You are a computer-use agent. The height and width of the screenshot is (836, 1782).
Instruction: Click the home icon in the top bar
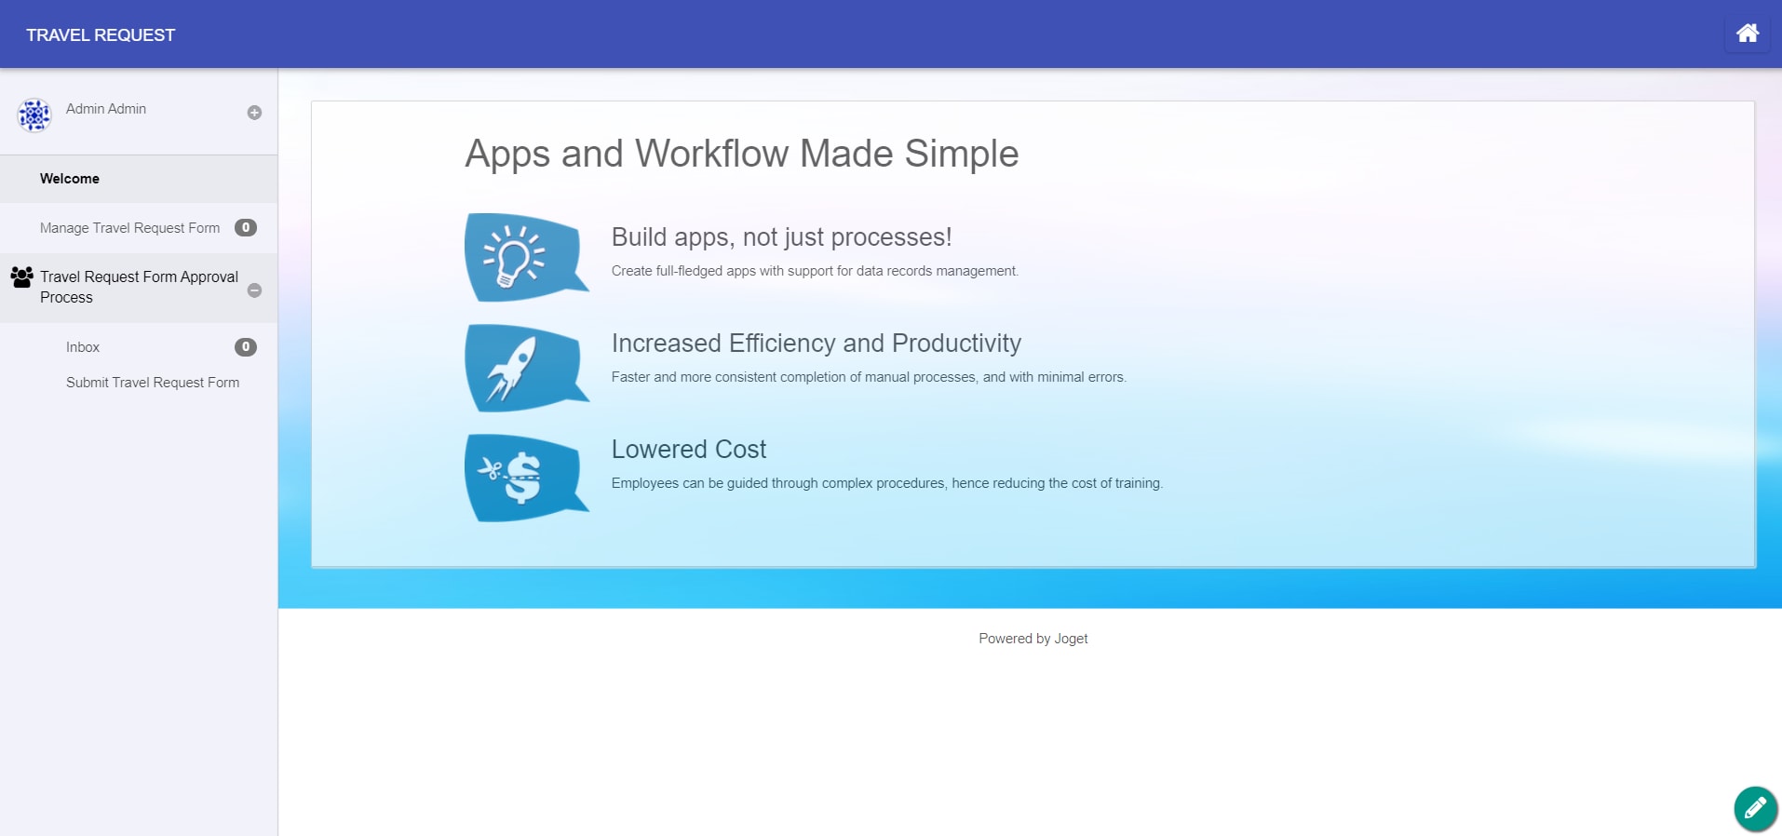1748,34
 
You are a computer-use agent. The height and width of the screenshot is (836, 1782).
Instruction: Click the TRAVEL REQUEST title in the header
101,35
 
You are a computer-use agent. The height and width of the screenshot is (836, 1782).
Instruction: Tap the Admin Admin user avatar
34,115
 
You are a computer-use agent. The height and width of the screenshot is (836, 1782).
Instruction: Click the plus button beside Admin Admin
254,113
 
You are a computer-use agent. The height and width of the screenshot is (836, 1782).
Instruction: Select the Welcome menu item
70,179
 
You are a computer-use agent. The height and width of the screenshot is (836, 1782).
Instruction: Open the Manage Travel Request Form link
130,228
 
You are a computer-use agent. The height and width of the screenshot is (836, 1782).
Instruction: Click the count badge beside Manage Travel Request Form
246,228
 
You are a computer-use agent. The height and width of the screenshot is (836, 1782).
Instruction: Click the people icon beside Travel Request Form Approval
21,276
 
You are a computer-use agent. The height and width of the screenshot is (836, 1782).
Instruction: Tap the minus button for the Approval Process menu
254,290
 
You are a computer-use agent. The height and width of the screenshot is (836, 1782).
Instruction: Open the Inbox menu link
83,347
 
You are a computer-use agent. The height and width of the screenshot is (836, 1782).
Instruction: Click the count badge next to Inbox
246,347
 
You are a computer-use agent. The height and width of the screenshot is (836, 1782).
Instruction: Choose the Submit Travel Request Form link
153,383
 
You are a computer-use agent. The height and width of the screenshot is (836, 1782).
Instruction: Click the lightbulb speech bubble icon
526,257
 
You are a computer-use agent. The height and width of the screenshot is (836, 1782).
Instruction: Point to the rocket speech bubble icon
526,368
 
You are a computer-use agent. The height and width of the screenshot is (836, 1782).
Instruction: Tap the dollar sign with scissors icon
526,478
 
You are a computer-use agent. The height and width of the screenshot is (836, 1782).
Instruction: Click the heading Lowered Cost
689,450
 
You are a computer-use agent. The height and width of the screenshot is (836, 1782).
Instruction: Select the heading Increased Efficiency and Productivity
817,344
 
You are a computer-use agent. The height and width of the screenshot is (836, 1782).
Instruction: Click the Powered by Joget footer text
1033,639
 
